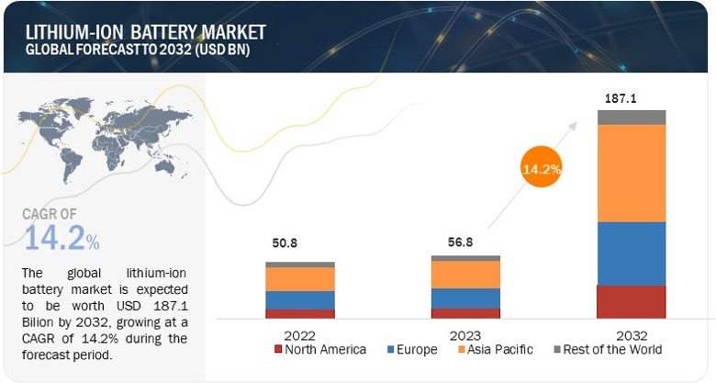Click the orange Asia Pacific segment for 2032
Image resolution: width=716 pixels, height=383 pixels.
point(632,173)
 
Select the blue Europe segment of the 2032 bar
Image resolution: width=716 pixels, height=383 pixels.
point(632,253)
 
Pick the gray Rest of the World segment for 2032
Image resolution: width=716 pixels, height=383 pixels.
point(632,117)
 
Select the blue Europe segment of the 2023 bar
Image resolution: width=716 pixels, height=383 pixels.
point(465,298)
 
